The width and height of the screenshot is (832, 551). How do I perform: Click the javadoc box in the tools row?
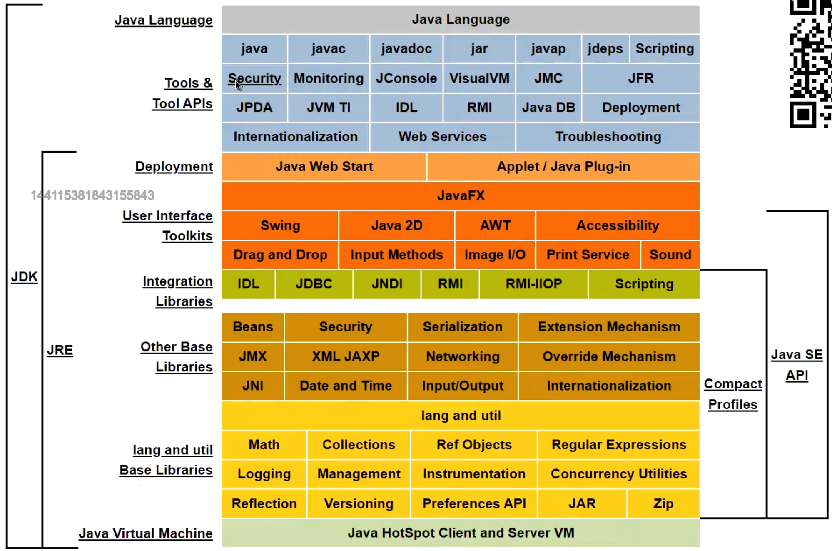click(406, 49)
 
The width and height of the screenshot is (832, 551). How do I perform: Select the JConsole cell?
click(406, 78)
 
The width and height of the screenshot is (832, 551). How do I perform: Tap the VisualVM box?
click(479, 78)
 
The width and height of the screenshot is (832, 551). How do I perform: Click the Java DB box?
click(548, 108)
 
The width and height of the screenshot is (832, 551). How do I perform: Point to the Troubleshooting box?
click(608, 137)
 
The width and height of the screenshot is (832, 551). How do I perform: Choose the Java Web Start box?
click(324, 167)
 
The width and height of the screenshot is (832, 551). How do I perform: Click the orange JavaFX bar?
click(461, 196)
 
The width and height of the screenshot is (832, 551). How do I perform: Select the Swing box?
click(280, 225)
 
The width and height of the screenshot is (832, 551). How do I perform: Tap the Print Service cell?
click(588, 255)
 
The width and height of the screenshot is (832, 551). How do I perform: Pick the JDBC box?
click(314, 284)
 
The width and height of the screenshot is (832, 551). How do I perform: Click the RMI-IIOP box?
click(533, 284)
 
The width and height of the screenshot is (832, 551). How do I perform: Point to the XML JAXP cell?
click(346, 356)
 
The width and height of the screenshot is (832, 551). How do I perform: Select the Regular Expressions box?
click(619, 445)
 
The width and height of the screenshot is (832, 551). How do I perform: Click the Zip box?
click(663, 503)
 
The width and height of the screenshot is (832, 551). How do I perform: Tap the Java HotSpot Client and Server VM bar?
click(461, 533)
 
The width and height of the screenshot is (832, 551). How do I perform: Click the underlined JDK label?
click(24, 277)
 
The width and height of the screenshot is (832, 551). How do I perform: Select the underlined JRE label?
click(60, 350)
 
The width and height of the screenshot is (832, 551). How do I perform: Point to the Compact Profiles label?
click(733, 394)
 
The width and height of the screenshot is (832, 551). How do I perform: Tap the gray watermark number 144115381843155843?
click(92, 195)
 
